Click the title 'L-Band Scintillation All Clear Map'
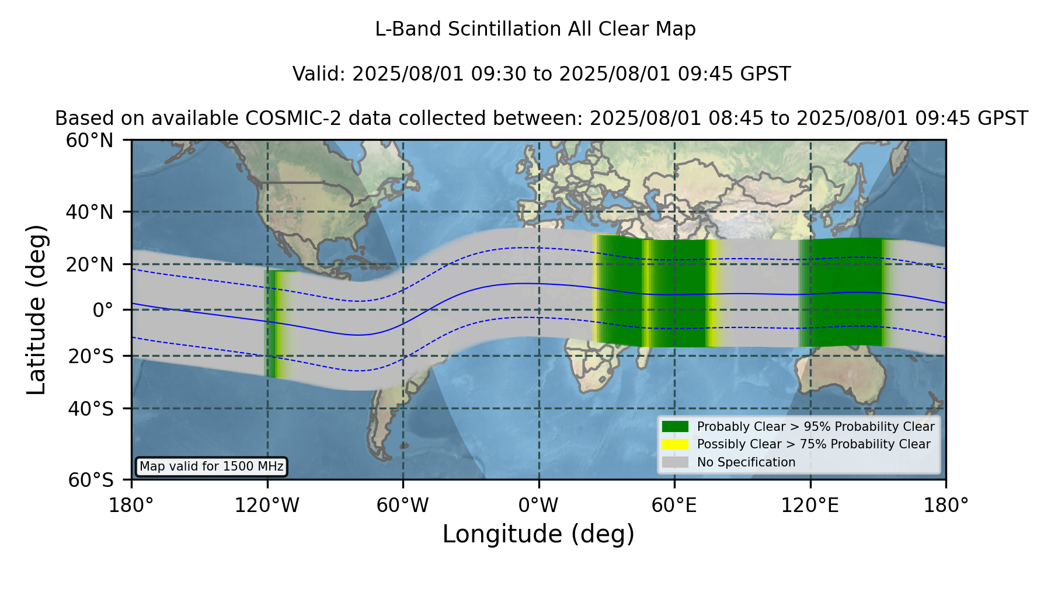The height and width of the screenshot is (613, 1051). pos(535,29)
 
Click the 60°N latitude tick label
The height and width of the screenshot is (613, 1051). pos(90,140)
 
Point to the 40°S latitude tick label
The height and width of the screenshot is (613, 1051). pos(91,409)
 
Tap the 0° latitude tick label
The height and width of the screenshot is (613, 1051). pos(103,310)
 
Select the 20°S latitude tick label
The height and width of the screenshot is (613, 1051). pos(91,356)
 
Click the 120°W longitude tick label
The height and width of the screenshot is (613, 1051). pos(267,505)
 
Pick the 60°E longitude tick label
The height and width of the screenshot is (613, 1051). pos(674,505)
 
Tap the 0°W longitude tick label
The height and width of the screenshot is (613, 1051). pos(538,505)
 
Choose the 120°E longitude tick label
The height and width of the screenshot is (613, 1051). pos(810,505)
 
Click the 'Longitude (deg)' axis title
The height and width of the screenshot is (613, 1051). pos(538,534)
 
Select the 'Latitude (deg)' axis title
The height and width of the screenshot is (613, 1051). pos(37,309)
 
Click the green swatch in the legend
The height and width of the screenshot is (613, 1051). pos(675,426)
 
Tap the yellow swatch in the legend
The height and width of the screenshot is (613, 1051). pos(675,444)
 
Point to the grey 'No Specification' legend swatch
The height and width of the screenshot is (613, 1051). pos(675,462)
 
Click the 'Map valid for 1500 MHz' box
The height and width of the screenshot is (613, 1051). pos(211,466)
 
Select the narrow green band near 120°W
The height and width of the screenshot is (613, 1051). pos(270,323)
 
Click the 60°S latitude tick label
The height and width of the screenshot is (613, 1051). pos(91,480)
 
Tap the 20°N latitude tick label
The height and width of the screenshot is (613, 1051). pos(90,264)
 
